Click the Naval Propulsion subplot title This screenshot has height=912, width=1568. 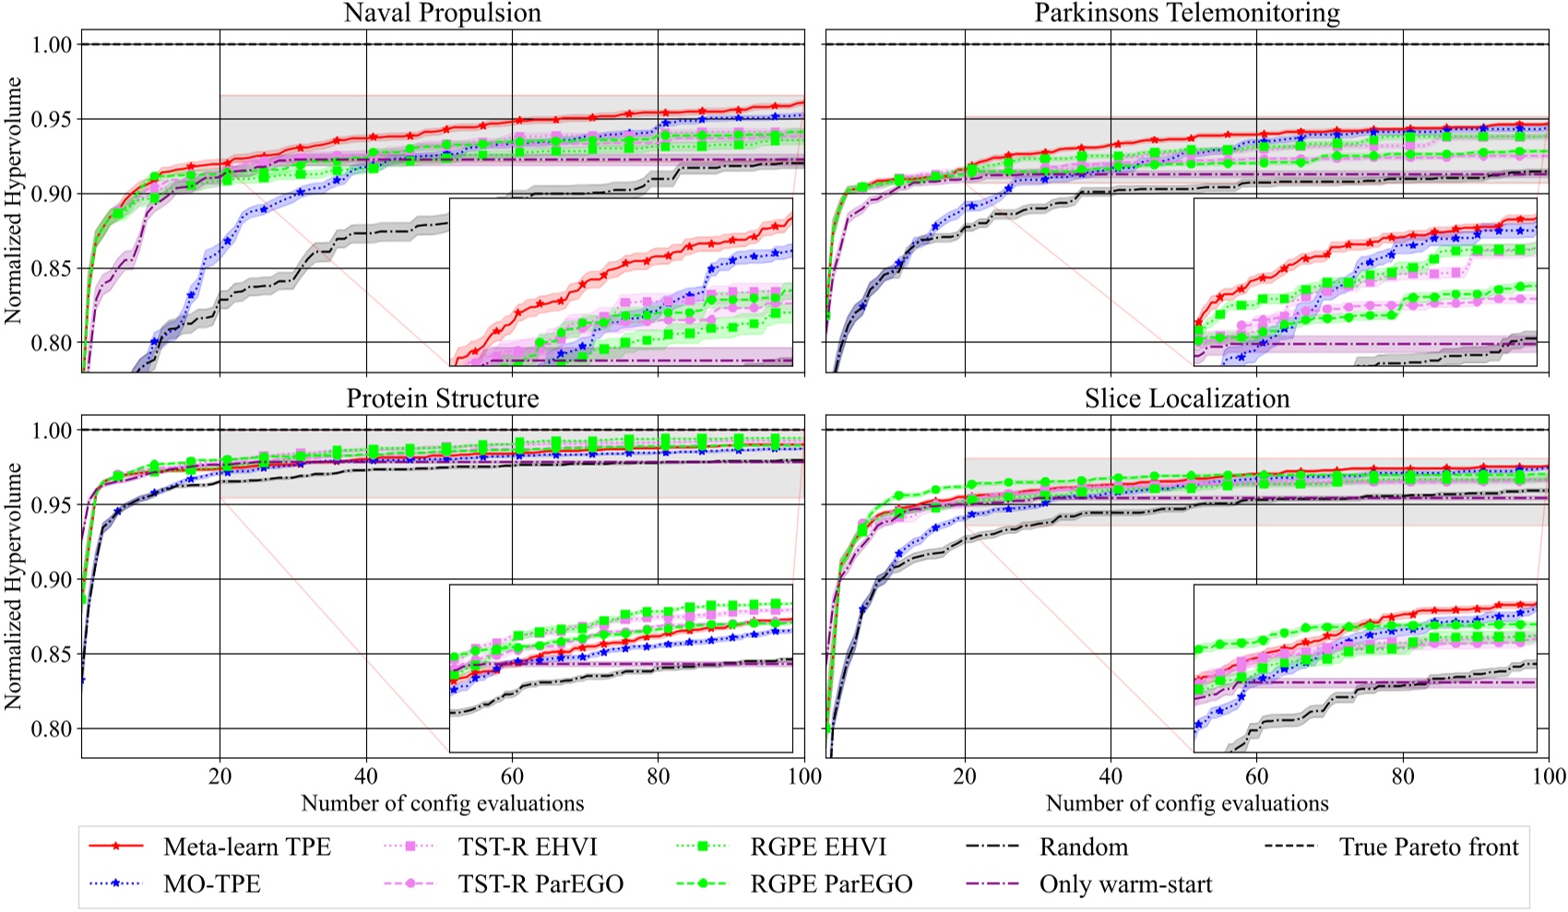[x=443, y=13]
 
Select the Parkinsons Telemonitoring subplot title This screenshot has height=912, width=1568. [x=1187, y=13]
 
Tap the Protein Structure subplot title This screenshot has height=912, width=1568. [x=443, y=398]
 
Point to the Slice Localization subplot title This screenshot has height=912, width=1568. [x=1187, y=398]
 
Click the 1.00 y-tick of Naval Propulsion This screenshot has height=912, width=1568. [x=53, y=45]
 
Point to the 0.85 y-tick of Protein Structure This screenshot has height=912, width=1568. [x=53, y=655]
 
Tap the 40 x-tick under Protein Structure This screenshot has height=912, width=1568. [x=366, y=776]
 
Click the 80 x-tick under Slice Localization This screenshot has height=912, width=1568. [x=1403, y=776]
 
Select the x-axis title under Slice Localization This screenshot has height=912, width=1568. [x=1187, y=803]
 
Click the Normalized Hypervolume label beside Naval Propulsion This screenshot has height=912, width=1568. [x=14, y=200]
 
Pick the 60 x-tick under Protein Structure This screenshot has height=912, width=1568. [x=512, y=776]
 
